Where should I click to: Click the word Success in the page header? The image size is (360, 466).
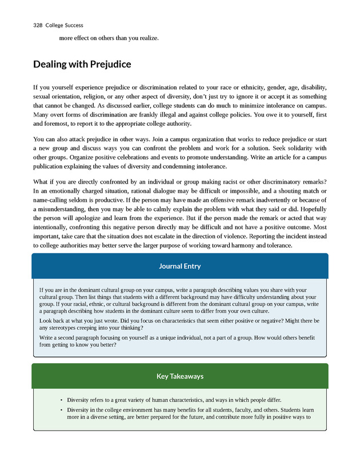[x=74, y=25]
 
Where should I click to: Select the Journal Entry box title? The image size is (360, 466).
[x=179, y=266]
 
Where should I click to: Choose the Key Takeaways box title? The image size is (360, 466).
[x=180, y=376]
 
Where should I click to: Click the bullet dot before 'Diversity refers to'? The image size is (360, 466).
[x=61, y=400]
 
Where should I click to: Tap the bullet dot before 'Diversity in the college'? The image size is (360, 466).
[x=61, y=410]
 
